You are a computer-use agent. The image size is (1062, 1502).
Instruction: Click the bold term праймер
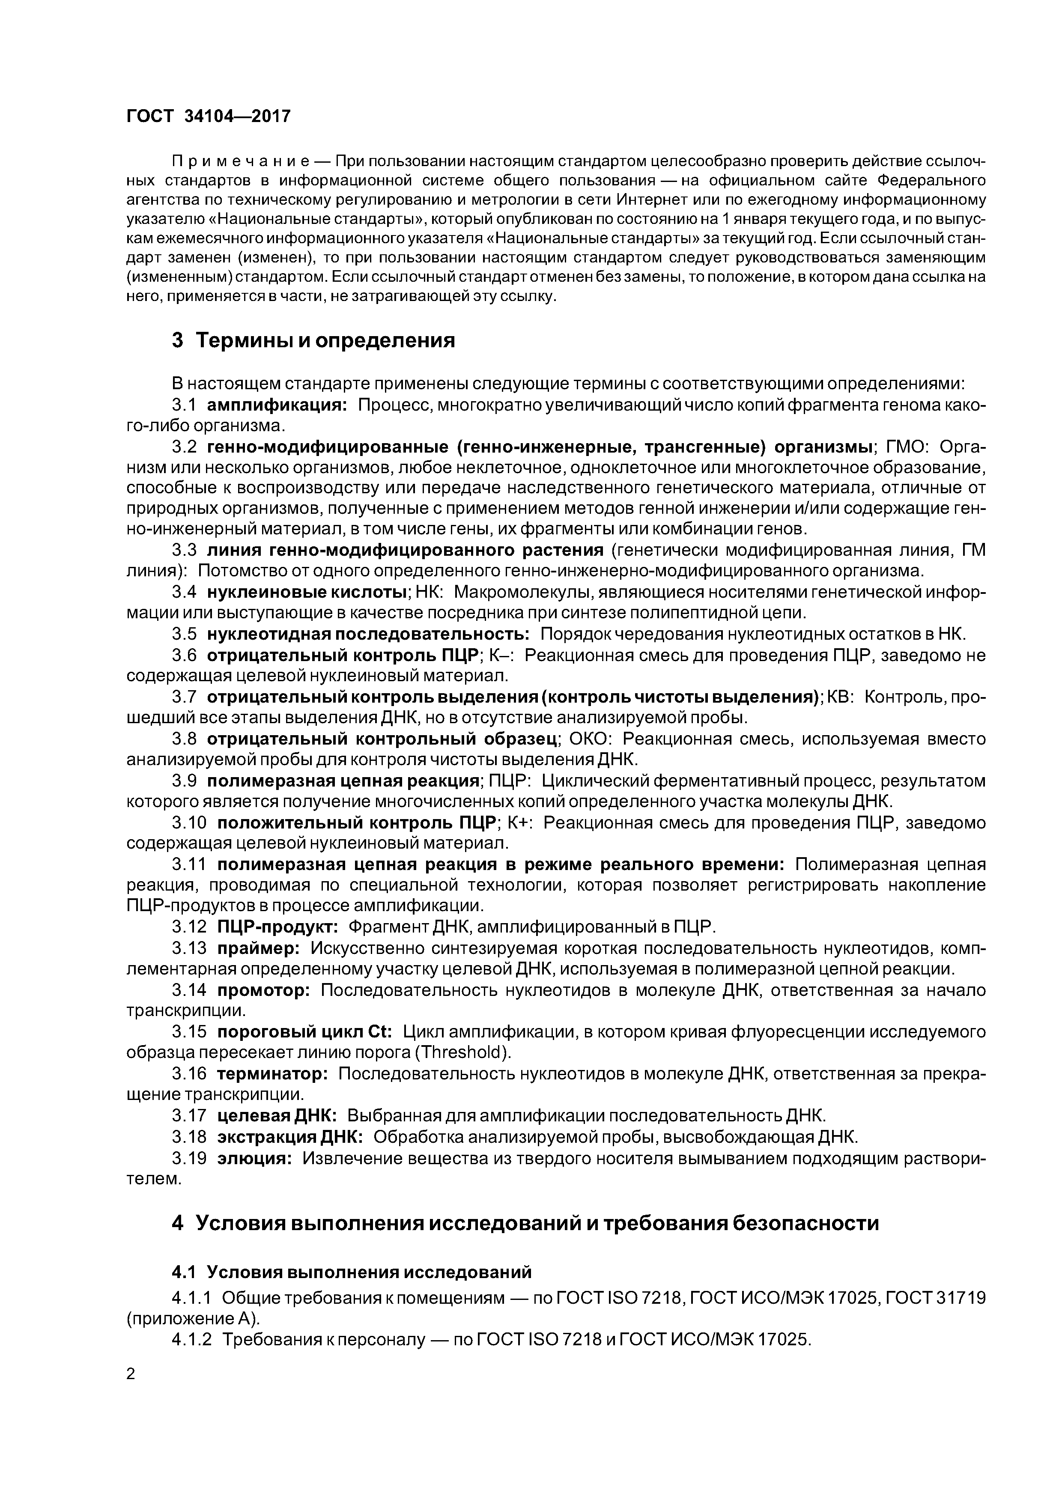pos(258,948)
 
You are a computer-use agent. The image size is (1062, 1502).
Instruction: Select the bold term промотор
pos(263,990)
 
